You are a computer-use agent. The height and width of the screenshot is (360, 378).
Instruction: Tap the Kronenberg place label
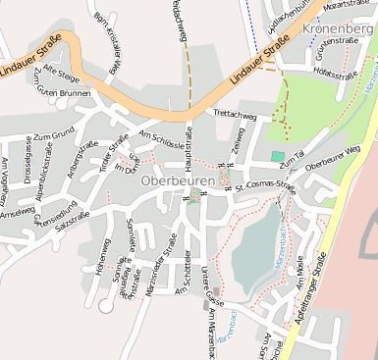pos(341,29)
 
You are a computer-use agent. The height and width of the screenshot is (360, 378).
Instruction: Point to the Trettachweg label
pos(237,115)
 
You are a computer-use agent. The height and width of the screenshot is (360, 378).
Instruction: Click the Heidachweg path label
pos(179,20)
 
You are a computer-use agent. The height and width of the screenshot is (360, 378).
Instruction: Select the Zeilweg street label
pos(238,143)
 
